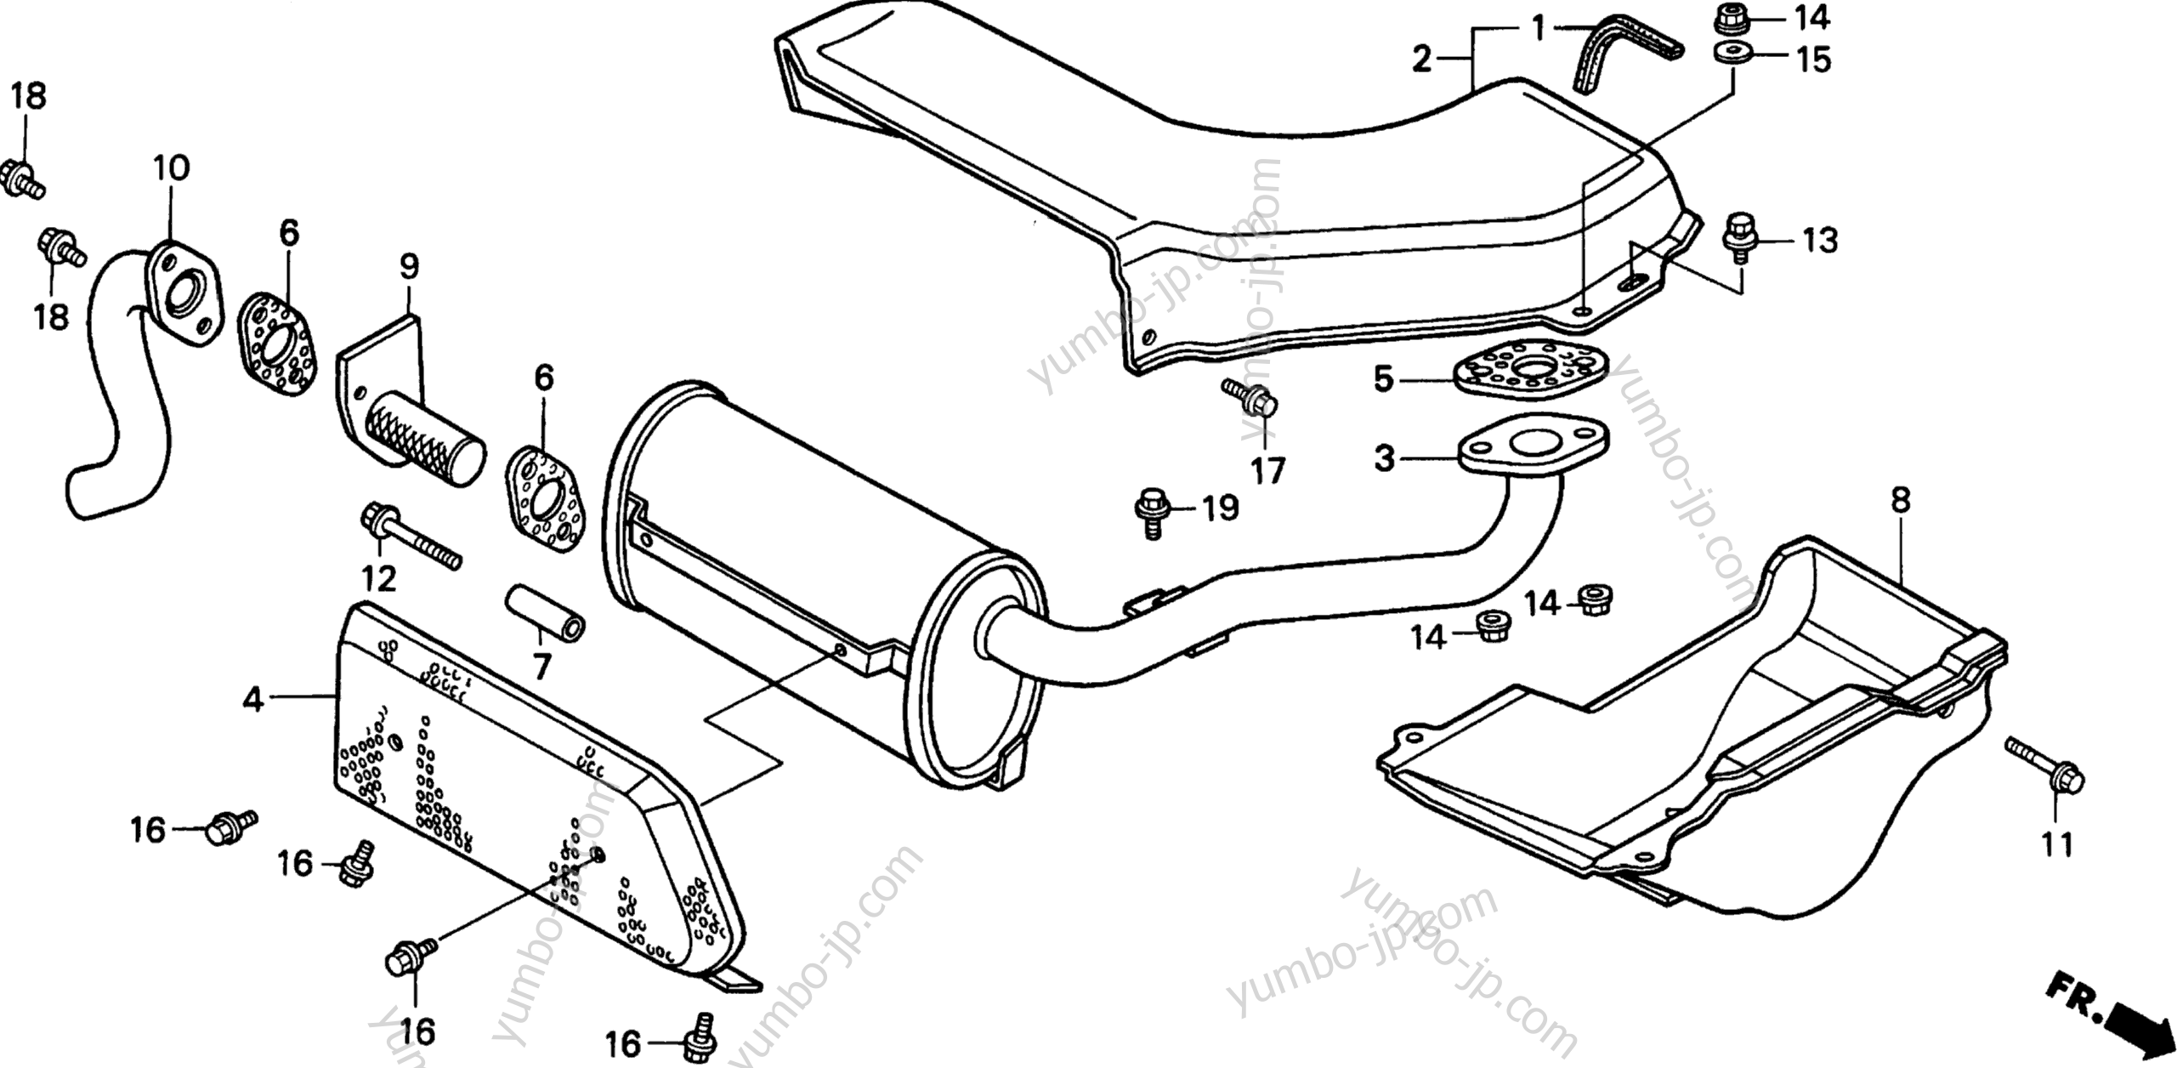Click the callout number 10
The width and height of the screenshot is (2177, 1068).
click(171, 168)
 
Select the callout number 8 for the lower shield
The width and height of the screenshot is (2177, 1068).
click(1900, 500)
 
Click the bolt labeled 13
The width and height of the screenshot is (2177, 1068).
click(1739, 232)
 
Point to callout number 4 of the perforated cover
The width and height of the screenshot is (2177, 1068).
click(252, 700)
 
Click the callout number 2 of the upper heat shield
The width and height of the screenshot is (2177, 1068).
click(1422, 60)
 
